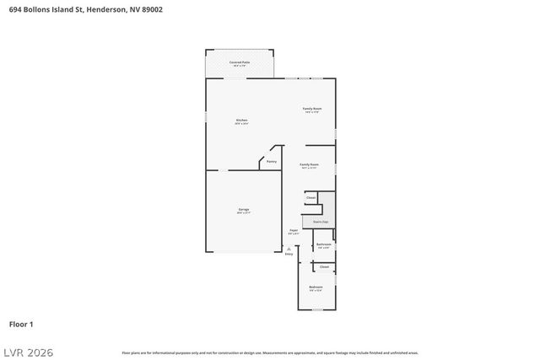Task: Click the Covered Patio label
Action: [x=240, y=62]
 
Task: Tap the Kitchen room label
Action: [x=241, y=121]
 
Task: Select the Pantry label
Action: [x=271, y=161]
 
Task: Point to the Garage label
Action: [x=243, y=210]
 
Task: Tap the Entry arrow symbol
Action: [x=289, y=248]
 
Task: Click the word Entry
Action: [x=289, y=254]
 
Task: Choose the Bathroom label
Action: [x=323, y=244]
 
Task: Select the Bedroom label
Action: [x=316, y=287]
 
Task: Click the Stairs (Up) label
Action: [x=320, y=222]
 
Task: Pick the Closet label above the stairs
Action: [x=310, y=197]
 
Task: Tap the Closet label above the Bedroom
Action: [x=324, y=266]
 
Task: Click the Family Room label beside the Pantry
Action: [x=310, y=164]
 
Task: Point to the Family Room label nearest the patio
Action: [x=312, y=109]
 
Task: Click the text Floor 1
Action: [x=21, y=324]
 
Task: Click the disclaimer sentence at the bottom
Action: [x=270, y=352]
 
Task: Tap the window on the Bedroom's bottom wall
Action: [x=317, y=309]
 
